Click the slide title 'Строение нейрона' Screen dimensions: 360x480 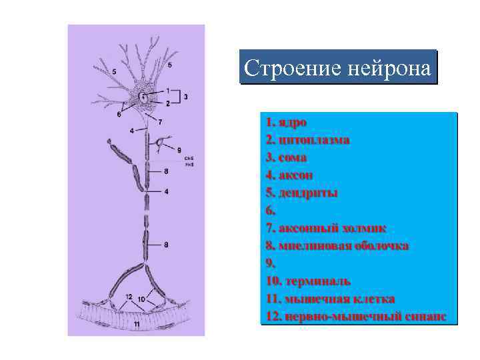click(x=337, y=68)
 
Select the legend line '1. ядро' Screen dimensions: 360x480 click(x=286, y=123)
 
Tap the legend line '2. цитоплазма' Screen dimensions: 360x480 click(x=307, y=140)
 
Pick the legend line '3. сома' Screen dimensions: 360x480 click(x=286, y=158)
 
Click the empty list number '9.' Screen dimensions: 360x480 click(x=269, y=263)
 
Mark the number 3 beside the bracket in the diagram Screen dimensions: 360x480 click(x=185, y=97)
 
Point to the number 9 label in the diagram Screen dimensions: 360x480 click(x=179, y=150)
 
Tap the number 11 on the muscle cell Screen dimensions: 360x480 click(x=137, y=324)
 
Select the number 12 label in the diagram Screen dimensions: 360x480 click(x=129, y=296)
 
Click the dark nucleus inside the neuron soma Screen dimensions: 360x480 click(x=143, y=97)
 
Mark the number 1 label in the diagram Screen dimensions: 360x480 click(x=168, y=90)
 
